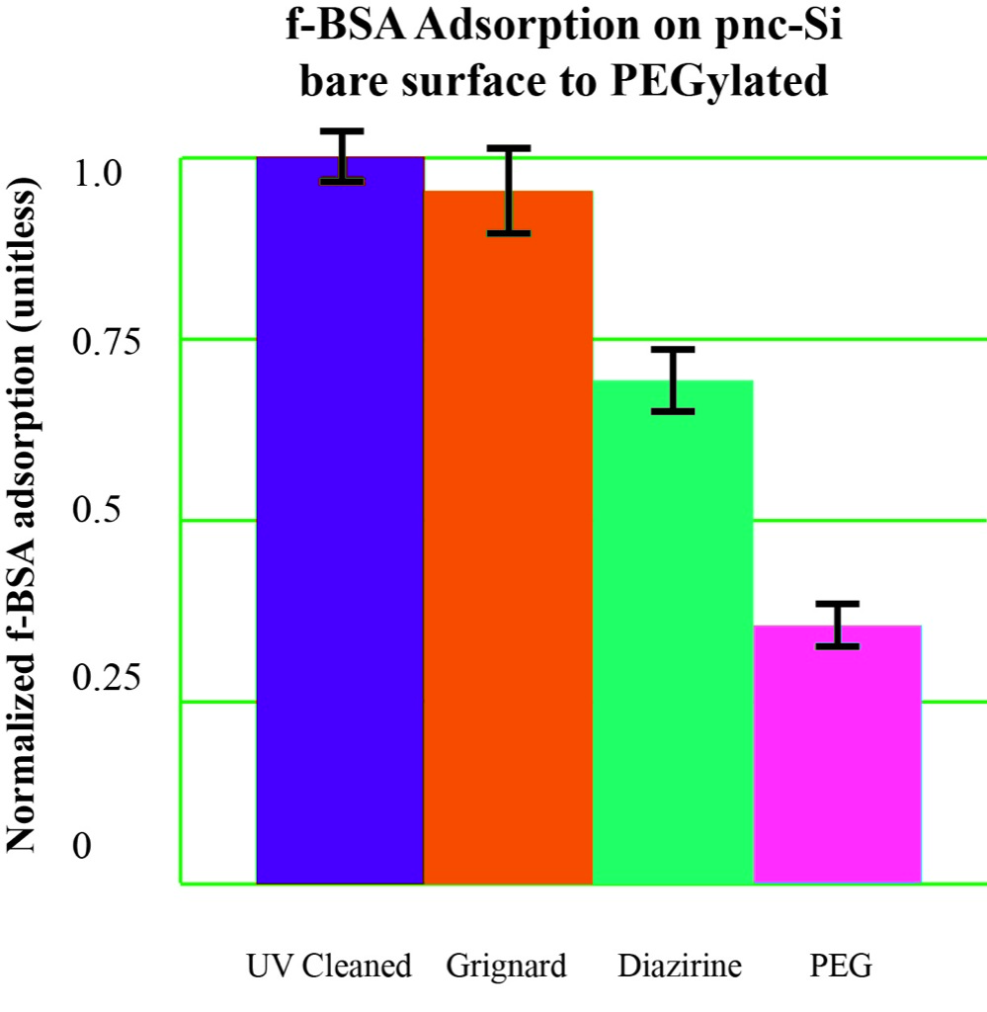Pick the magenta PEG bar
pyautogui.click(x=837, y=756)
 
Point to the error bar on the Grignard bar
pyautogui.click(x=507, y=190)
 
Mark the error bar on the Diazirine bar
pyautogui.click(x=674, y=380)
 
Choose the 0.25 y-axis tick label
pyautogui.click(x=107, y=679)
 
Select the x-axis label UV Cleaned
pyautogui.click(x=328, y=965)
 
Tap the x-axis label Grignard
pyautogui.click(x=506, y=965)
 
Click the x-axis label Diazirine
pyautogui.click(x=680, y=965)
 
